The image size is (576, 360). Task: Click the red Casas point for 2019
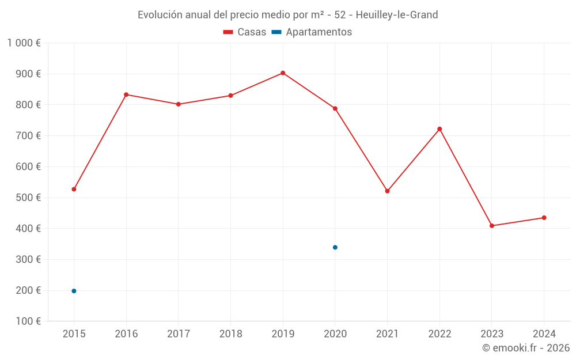(x=283, y=73)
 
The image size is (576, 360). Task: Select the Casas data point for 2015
(x=74, y=189)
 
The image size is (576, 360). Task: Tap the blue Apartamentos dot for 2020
(x=335, y=248)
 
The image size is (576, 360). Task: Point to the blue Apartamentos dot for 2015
(x=74, y=291)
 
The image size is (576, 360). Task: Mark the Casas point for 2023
(x=492, y=226)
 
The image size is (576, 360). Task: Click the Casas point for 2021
(x=387, y=191)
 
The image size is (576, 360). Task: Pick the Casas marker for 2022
(x=439, y=129)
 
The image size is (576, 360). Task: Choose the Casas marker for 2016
(x=126, y=94)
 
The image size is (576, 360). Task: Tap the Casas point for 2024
(x=544, y=218)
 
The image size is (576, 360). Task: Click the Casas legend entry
(x=245, y=32)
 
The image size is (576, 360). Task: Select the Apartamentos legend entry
(x=312, y=32)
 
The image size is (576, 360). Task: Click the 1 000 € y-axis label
(x=24, y=43)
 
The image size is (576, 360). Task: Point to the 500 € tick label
(x=28, y=198)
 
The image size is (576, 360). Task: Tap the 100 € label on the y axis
(x=28, y=321)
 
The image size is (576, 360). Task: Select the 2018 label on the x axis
(x=230, y=334)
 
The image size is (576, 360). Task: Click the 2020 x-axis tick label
(x=335, y=334)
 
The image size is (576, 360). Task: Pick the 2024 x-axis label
(x=544, y=334)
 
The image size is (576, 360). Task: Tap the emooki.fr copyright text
(x=526, y=348)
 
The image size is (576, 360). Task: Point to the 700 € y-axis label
(x=28, y=136)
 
